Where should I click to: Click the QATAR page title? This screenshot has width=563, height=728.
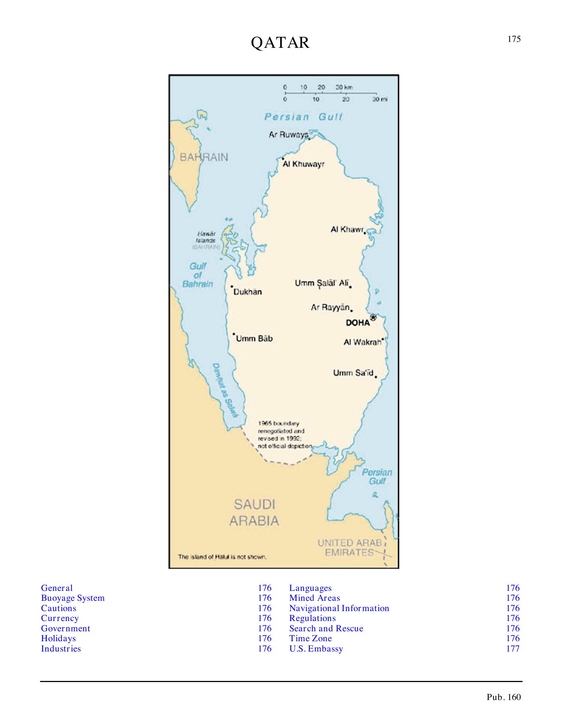pyautogui.click(x=280, y=43)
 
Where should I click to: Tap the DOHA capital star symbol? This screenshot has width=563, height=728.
pyautogui.click(x=373, y=317)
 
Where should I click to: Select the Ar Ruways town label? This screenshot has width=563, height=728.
pyautogui.click(x=288, y=135)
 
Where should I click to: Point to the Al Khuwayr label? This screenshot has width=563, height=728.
pyautogui.click(x=304, y=164)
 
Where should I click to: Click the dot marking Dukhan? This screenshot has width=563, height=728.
pyautogui.click(x=232, y=286)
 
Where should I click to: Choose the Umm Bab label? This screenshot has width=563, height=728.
pyautogui.click(x=254, y=339)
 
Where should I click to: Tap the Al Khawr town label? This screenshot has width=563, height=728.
pyautogui.click(x=347, y=230)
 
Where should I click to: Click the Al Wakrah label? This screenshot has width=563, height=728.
pyautogui.click(x=362, y=342)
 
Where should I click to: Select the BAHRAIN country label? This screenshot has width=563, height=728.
pyautogui.click(x=204, y=157)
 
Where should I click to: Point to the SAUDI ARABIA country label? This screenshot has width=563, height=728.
pyautogui.click(x=254, y=513)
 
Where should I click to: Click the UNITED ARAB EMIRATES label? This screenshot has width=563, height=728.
pyautogui.click(x=350, y=548)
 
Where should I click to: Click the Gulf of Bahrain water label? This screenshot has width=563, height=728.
pyautogui.click(x=198, y=275)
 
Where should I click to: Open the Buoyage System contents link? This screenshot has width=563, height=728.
pyautogui.click(x=73, y=598)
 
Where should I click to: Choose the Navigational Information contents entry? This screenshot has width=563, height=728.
pyautogui.click(x=339, y=609)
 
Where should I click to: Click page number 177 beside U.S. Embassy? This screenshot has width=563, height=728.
pyautogui.click(x=513, y=649)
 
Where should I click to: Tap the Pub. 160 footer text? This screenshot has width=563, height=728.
pyautogui.click(x=503, y=697)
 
